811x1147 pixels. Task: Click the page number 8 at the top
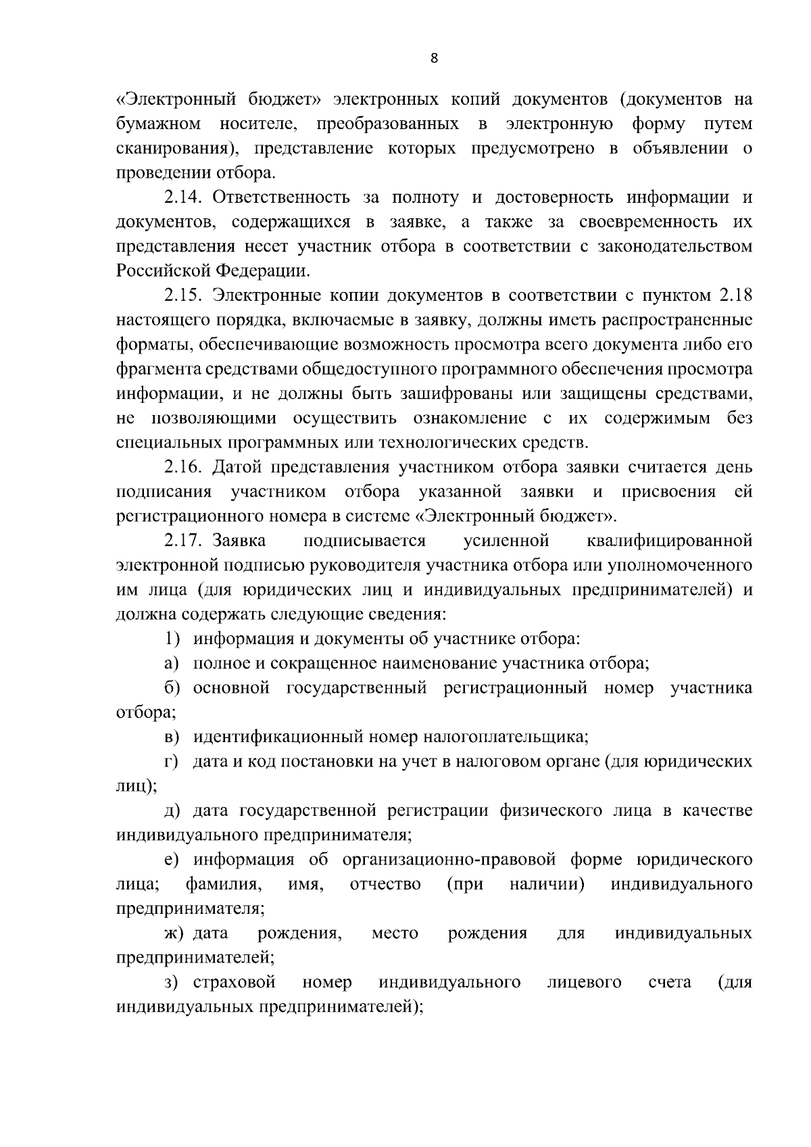pyautogui.click(x=434, y=59)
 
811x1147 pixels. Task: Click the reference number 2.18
pyautogui.click(x=735, y=295)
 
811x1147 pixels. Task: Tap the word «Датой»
pyautogui.click(x=238, y=467)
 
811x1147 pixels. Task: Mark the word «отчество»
pyautogui.click(x=385, y=884)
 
